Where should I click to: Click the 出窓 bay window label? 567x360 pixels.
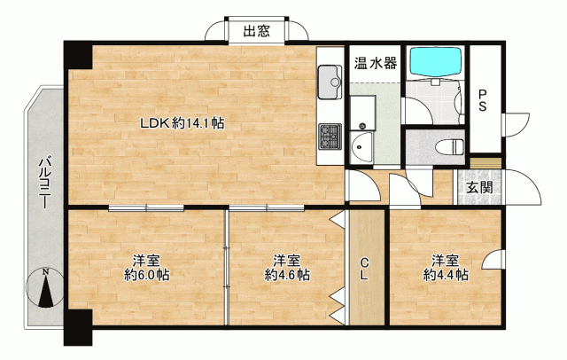[x=256, y=31]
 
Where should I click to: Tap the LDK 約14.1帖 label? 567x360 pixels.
[x=183, y=124]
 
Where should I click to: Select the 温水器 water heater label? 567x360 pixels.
[x=376, y=63]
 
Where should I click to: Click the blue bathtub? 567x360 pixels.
[x=436, y=62]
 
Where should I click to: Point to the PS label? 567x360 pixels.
[x=483, y=100]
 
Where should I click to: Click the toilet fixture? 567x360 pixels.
[x=449, y=147]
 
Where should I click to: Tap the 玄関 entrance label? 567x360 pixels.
[x=479, y=187]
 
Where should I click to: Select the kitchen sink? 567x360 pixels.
[x=330, y=82]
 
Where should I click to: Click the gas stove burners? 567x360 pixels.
[x=330, y=137]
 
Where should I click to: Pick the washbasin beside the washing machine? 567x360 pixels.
[x=361, y=147]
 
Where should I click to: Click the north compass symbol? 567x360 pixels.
[x=45, y=288]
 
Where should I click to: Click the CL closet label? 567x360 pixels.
[x=364, y=269]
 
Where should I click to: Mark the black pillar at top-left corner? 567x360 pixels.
[x=79, y=55]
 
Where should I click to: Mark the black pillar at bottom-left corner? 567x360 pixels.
[x=78, y=327]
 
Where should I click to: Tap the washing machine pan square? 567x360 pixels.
[x=362, y=113]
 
